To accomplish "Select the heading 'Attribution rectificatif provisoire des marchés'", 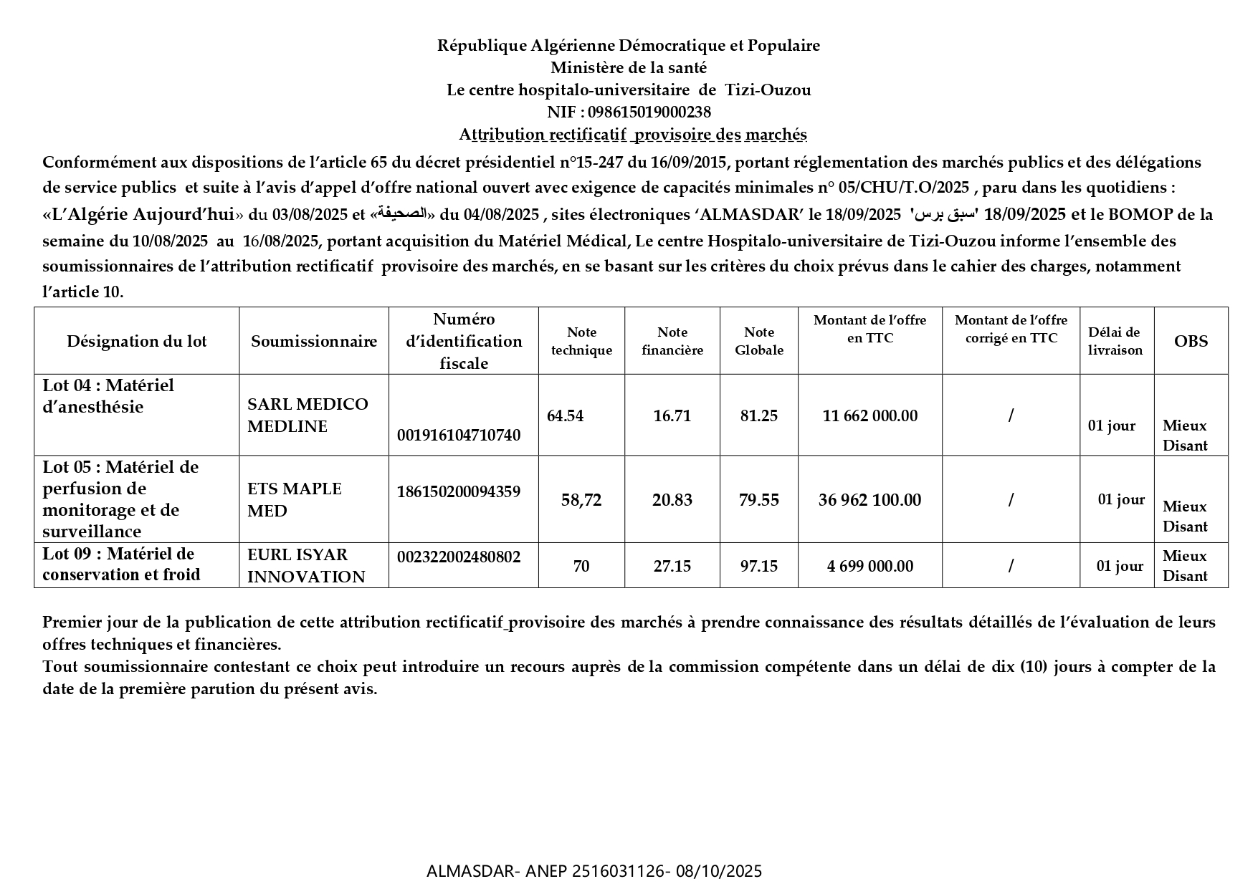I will [x=633, y=135].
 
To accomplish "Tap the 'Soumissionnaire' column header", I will [x=314, y=341].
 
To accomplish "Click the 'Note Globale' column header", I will [x=759, y=341].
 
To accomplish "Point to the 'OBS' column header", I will [x=1191, y=341].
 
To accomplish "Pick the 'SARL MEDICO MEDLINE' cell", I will [x=308, y=415].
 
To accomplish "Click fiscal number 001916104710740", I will [x=459, y=435].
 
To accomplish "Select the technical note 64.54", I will [x=565, y=416].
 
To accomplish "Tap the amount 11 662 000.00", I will [x=870, y=416].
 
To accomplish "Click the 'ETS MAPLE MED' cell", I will [x=295, y=500].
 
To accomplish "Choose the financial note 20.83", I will [x=672, y=500].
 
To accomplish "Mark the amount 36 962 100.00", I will [x=870, y=500].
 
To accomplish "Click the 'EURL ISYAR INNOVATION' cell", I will [x=306, y=566].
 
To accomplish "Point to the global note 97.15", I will [x=759, y=567].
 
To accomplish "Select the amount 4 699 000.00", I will [x=870, y=567].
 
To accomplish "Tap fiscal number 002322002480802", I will [x=459, y=557].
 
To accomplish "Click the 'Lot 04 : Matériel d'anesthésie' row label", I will [x=108, y=396].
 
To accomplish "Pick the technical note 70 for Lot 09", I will [x=581, y=567].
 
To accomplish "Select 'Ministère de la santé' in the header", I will [x=629, y=68].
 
